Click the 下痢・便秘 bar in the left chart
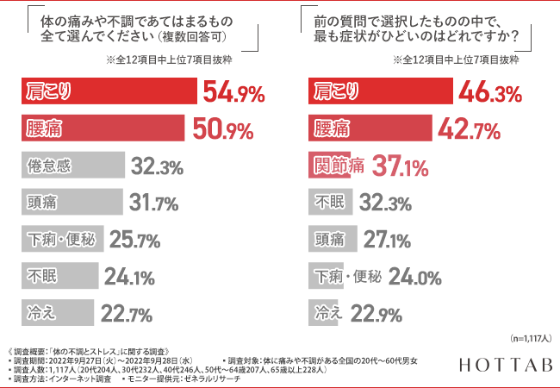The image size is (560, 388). click(x=60, y=240)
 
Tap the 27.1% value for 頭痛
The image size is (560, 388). click(x=389, y=240)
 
